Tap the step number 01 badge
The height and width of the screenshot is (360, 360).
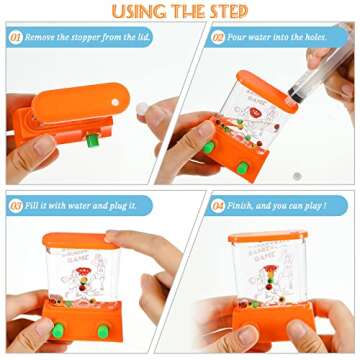click(x=16, y=39)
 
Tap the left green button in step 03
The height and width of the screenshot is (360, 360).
click(x=58, y=320)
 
